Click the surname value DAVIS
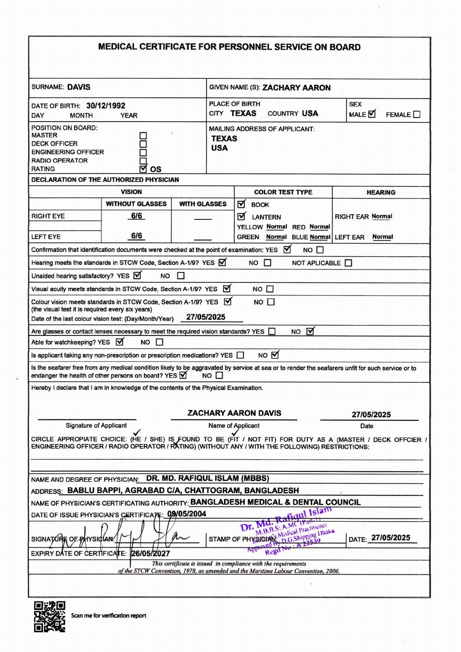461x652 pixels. click(x=78, y=87)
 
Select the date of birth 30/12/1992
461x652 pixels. click(x=106, y=106)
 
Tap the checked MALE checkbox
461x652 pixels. click(x=372, y=114)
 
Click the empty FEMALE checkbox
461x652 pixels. click(x=417, y=115)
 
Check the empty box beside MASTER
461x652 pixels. click(x=143, y=136)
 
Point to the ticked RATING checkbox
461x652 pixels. click(x=143, y=169)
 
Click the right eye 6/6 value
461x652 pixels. click(x=136, y=216)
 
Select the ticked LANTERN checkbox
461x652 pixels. click(x=242, y=217)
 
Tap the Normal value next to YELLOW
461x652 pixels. click(x=277, y=227)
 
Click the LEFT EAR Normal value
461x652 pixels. click(x=383, y=237)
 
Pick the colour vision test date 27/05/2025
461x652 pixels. click(x=206, y=317)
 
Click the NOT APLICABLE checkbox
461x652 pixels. click(x=349, y=263)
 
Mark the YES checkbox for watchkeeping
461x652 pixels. click(x=119, y=342)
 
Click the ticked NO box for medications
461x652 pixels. click(x=275, y=355)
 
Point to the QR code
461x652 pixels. click(x=50, y=616)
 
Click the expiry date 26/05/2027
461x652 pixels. click(x=150, y=553)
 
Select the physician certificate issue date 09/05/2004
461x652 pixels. click(x=187, y=514)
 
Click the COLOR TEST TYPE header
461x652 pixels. click(x=283, y=192)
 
